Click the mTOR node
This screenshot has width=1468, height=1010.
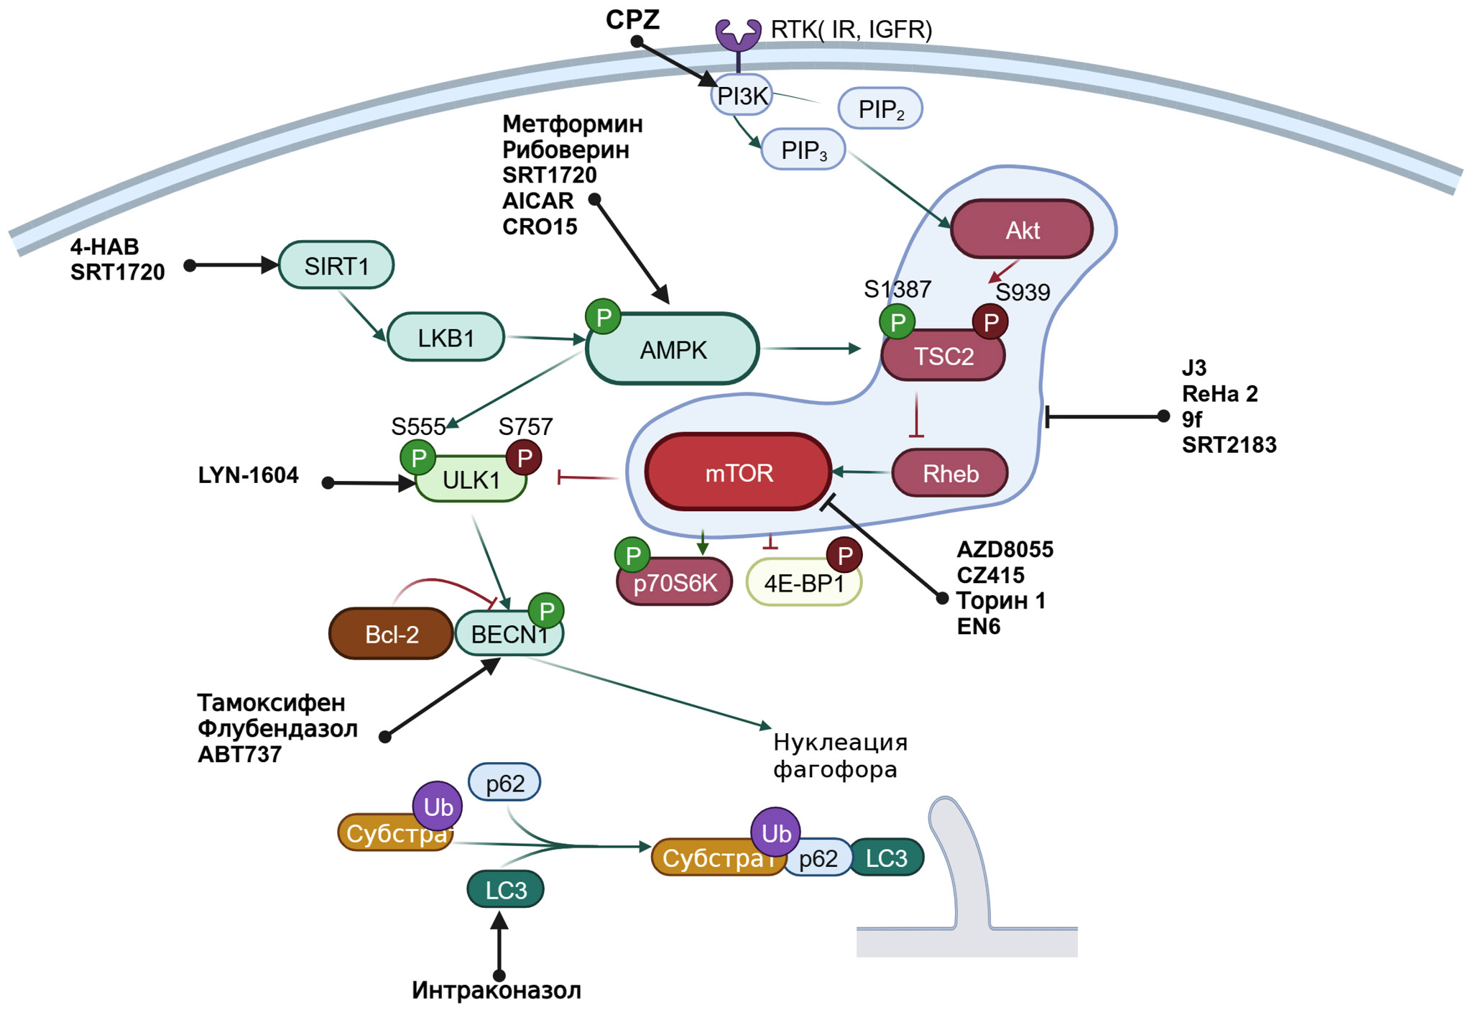[739, 472]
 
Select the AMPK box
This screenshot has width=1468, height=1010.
[673, 350]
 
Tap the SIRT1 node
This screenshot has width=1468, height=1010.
[336, 266]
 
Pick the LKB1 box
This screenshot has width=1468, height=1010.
[446, 337]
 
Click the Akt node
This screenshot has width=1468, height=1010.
[1022, 230]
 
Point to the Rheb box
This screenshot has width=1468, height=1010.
[950, 474]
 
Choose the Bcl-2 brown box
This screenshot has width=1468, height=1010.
[392, 634]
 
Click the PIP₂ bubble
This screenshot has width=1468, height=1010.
[880, 109]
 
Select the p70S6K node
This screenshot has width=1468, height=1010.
[675, 583]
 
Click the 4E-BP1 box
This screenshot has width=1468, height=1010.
[803, 583]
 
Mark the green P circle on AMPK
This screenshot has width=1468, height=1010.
[604, 317]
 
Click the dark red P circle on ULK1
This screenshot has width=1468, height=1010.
[524, 458]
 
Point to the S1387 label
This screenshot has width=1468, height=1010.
[897, 289]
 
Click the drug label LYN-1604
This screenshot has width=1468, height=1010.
[248, 475]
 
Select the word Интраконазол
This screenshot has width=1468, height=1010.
[497, 991]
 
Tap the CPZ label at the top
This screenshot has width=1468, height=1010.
[632, 19]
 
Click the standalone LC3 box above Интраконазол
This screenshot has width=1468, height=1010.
[505, 890]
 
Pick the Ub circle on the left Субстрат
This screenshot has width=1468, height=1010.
[438, 807]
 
